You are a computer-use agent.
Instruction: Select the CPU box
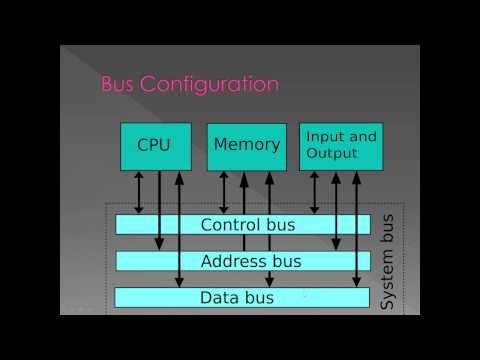153,145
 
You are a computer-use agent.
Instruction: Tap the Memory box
247,145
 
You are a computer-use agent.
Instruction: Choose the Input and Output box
340,145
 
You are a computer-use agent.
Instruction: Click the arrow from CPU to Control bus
139,192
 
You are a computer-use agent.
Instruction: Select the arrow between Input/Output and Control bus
316,192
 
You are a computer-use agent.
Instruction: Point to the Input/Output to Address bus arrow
336,210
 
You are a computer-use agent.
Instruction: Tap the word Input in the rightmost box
322,136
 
